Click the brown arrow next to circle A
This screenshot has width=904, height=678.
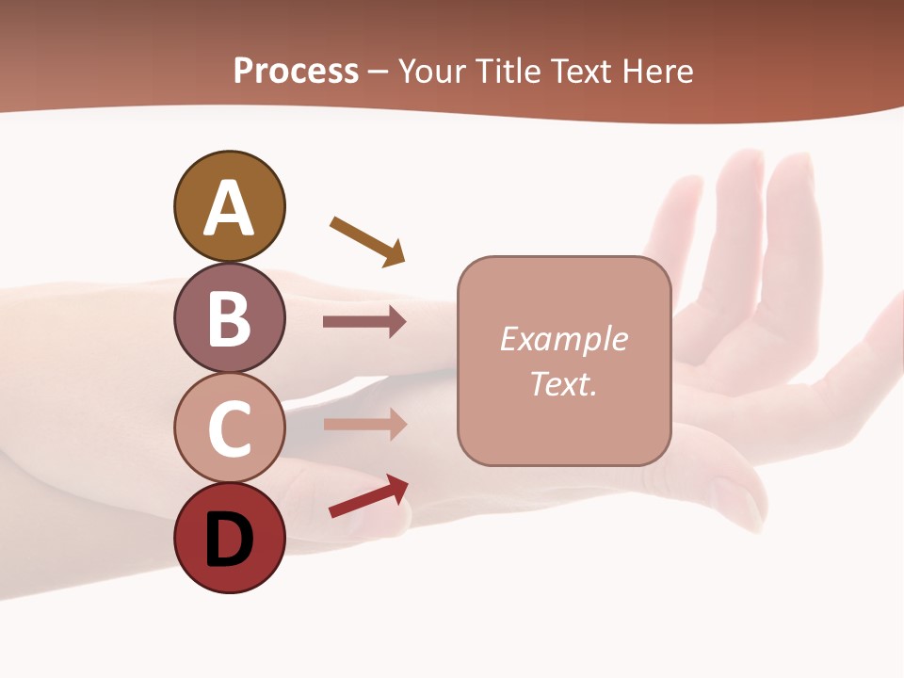[x=367, y=240]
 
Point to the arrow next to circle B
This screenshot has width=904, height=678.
[x=364, y=322]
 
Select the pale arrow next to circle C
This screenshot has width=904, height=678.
[x=364, y=424]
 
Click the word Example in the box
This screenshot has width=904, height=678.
[x=564, y=339]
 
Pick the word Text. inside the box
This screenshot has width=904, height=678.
[x=564, y=383]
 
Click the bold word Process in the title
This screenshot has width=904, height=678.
[x=296, y=72]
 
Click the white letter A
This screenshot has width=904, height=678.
[x=229, y=209]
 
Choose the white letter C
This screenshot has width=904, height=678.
[x=229, y=428]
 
